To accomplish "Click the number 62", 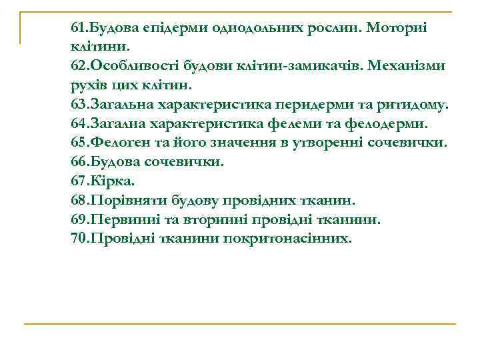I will click(x=77, y=67).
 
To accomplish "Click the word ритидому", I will click(x=417, y=105).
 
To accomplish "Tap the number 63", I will click(x=77, y=105).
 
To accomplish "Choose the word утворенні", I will click(x=337, y=143).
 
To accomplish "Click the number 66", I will click(x=77, y=162).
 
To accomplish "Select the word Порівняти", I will click(x=126, y=200).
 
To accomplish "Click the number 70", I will click(x=77, y=238).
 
